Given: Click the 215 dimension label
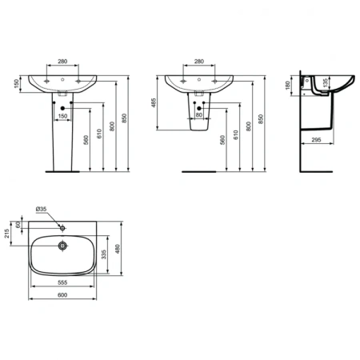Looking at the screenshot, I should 7,233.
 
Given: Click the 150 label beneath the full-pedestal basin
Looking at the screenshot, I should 62,115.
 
